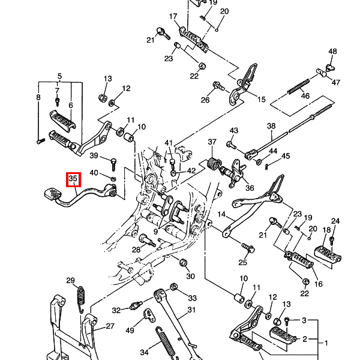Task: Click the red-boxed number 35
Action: point(73,179)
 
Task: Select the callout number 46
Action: point(305,96)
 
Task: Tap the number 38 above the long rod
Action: point(271,126)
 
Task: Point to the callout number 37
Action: point(212,142)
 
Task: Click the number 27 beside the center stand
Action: point(110,326)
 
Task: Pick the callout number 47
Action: point(335,82)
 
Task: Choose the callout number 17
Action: point(173,16)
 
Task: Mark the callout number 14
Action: point(221,214)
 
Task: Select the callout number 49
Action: point(130,331)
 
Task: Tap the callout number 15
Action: point(261,99)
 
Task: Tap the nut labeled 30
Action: point(184,263)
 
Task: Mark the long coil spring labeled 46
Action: point(298,83)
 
